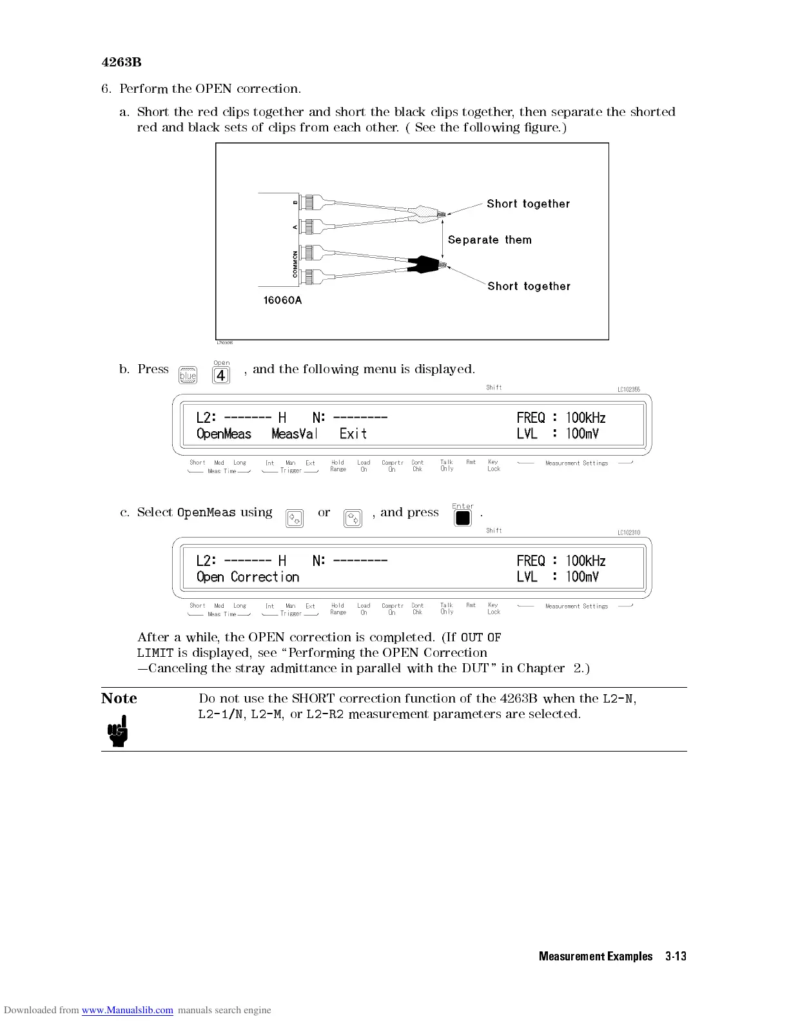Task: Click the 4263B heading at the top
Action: tap(121, 63)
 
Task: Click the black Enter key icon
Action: tap(463, 518)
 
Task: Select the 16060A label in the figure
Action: tap(282, 300)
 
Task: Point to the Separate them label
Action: tap(490, 240)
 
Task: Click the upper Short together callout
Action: tap(529, 204)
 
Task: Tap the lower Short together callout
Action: tap(529, 286)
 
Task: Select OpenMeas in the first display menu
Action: tap(224, 434)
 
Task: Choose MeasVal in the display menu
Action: tap(295, 434)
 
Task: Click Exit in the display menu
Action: tap(353, 434)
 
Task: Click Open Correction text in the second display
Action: tap(248, 577)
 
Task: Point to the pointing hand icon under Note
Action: tap(118, 734)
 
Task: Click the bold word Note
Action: tap(119, 699)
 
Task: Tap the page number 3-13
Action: tap(676, 957)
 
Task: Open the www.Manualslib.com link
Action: tap(128, 1010)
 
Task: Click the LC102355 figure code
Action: tap(628, 389)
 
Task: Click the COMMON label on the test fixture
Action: tap(295, 264)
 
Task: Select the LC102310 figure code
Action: tap(628, 532)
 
